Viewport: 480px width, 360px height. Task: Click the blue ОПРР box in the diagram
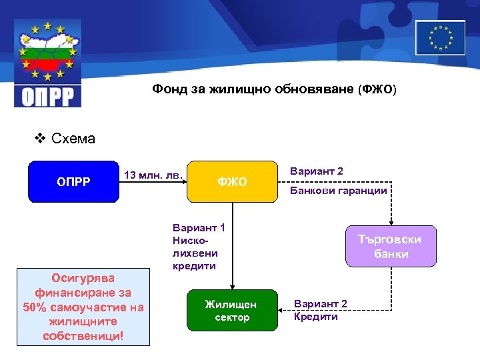[73, 181]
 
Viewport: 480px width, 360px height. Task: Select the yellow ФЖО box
[232, 181]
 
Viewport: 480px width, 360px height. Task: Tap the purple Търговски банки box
[390, 247]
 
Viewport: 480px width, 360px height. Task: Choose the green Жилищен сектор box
[231, 310]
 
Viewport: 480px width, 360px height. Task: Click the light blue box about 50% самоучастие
[83, 307]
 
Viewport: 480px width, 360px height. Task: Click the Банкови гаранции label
[338, 191]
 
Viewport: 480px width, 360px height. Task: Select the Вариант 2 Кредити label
[320, 310]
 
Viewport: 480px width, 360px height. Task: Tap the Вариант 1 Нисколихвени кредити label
[198, 247]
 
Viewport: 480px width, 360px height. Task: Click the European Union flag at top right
[440, 37]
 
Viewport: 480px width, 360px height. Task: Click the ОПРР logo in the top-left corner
[48, 63]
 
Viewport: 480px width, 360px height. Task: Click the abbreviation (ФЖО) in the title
[377, 89]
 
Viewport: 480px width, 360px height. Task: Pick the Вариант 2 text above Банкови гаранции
[317, 171]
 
